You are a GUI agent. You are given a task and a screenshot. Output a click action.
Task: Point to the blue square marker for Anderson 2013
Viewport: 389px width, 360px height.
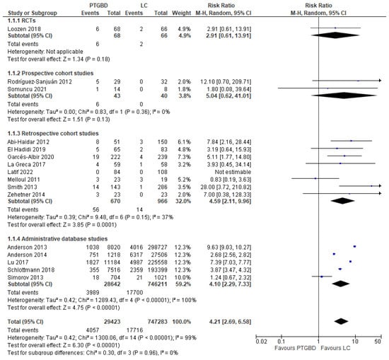click(x=354, y=247)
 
